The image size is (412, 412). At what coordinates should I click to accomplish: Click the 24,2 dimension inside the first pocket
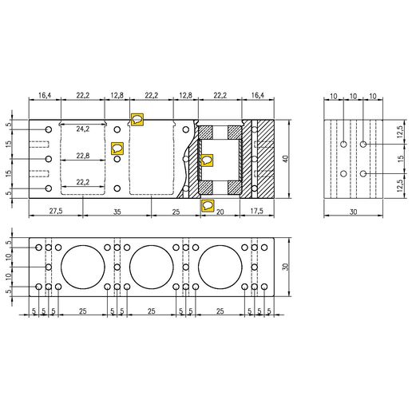coord(83,129)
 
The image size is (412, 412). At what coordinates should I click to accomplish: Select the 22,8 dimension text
coord(83,156)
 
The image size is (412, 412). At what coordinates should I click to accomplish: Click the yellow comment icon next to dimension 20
coord(208,205)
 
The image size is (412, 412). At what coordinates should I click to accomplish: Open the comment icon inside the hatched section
coord(208,160)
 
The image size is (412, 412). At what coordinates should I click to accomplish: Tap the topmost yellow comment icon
coord(137,120)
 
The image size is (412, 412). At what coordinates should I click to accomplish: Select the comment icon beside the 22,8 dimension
coord(117,148)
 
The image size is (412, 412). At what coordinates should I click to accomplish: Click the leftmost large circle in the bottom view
coord(83,266)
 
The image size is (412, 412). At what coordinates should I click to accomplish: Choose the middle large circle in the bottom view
coord(152,266)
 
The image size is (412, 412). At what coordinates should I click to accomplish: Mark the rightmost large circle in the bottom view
coord(220,266)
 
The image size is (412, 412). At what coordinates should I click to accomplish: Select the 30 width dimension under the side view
coord(352,211)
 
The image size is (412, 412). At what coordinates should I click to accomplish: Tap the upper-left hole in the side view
coord(343,145)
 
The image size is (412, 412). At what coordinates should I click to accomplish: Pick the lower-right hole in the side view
coord(363,173)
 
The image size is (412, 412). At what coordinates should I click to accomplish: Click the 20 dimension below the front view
coord(221,211)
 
